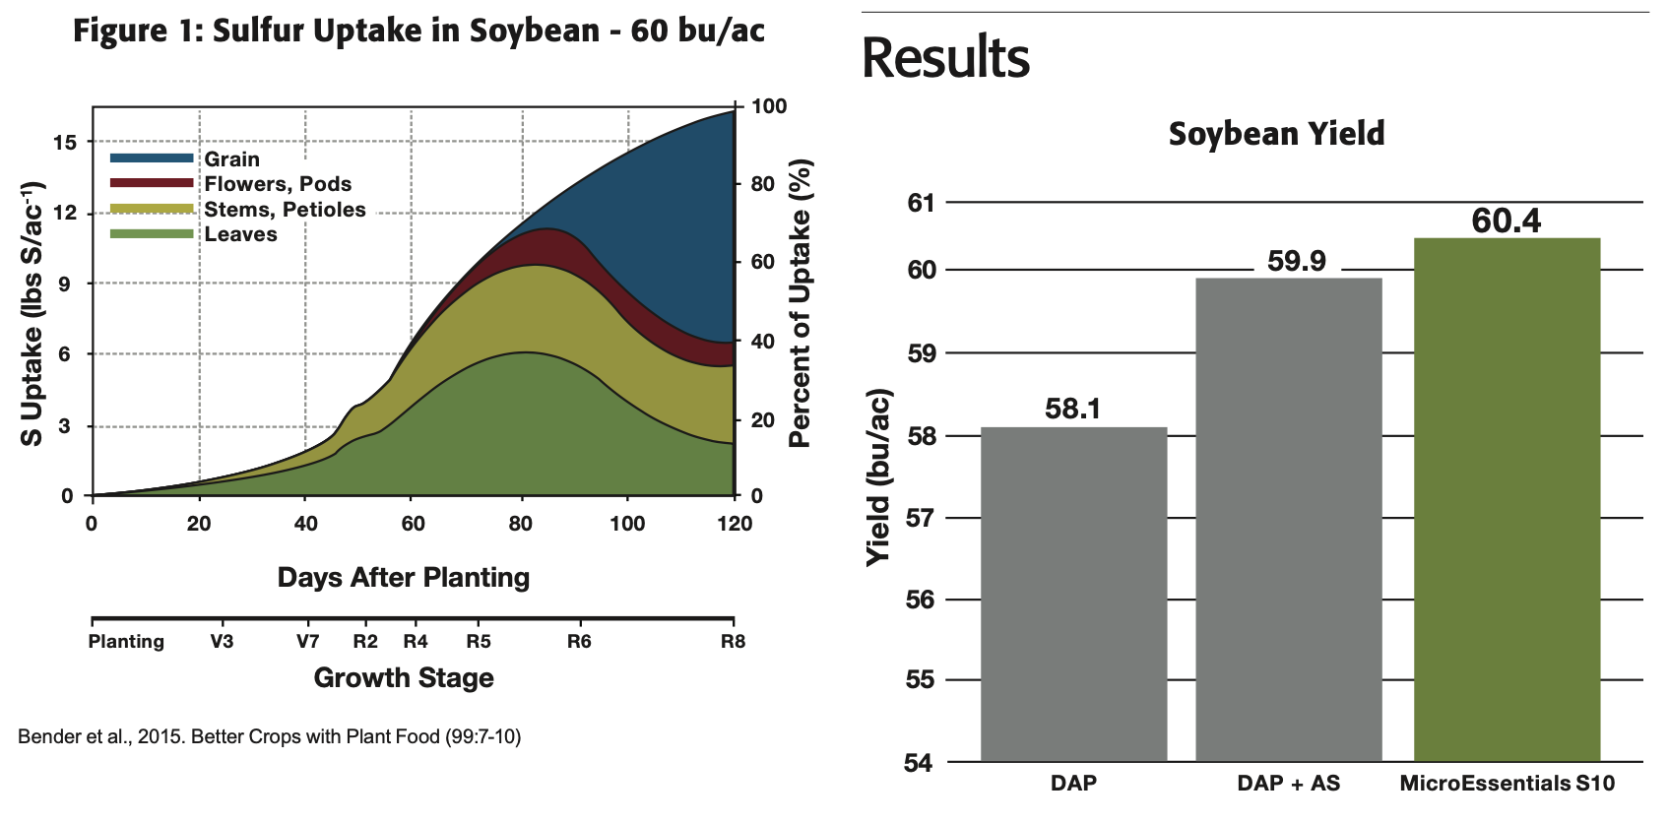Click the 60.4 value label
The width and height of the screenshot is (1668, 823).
click(x=1507, y=221)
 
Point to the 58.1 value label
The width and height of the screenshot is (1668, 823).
click(x=1073, y=409)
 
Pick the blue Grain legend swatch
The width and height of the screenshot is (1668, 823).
click(x=152, y=158)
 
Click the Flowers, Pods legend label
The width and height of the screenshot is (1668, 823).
click(x=278, y=184)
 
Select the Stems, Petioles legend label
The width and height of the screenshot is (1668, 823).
click(x=285, y=210)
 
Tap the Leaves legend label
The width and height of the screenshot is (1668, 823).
click(x=240, y=234)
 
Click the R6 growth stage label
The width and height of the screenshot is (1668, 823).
click(x=579, y=642)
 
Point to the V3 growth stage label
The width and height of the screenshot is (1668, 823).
click(x=222, y=642)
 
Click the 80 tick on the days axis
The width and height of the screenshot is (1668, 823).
click(x=521, y=523)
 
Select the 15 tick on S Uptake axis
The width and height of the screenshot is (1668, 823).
click(x=65, y=142)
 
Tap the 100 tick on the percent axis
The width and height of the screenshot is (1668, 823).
click(x=769, y=106)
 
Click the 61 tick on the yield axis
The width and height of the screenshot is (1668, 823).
click(x=921, y=203)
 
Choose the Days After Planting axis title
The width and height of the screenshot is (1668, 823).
click(x=403, y=577)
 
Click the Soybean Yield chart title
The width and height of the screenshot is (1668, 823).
click(x=1276, y=134)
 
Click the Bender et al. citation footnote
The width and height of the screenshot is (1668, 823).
click(x=269, y=736)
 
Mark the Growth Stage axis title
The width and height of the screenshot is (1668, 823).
click(x=404, y=677)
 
